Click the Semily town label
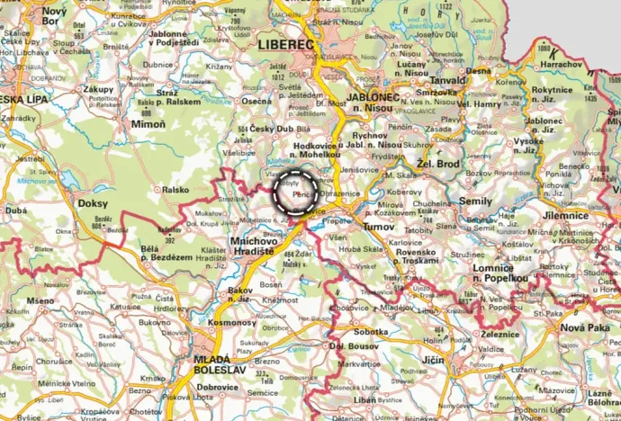(476, 202)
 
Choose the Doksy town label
(93, 204)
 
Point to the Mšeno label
(40, 300)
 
